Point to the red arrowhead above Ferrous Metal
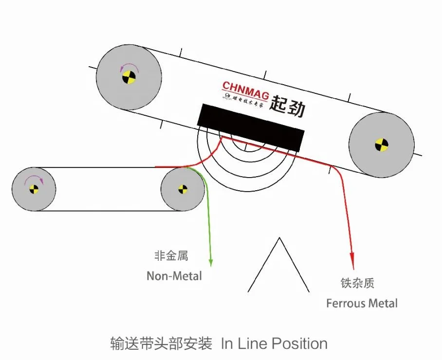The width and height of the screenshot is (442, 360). (x=351, y=258)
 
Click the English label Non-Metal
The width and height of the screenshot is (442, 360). (x=174, y=276)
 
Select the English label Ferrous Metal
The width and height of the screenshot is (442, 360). (x=362, y=304)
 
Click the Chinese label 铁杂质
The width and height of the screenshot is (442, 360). (x=358, y=283)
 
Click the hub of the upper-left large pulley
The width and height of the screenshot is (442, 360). (x=129, y=77)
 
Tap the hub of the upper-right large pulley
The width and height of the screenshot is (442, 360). (x=382, y=144)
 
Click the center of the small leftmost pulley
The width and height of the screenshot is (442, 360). (x=34, y=189)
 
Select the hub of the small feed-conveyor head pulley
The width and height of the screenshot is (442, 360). (x=183, y=189)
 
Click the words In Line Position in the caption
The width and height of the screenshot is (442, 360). (x=274, y=343)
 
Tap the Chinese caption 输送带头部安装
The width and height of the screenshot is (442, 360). (x=161, y=343)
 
